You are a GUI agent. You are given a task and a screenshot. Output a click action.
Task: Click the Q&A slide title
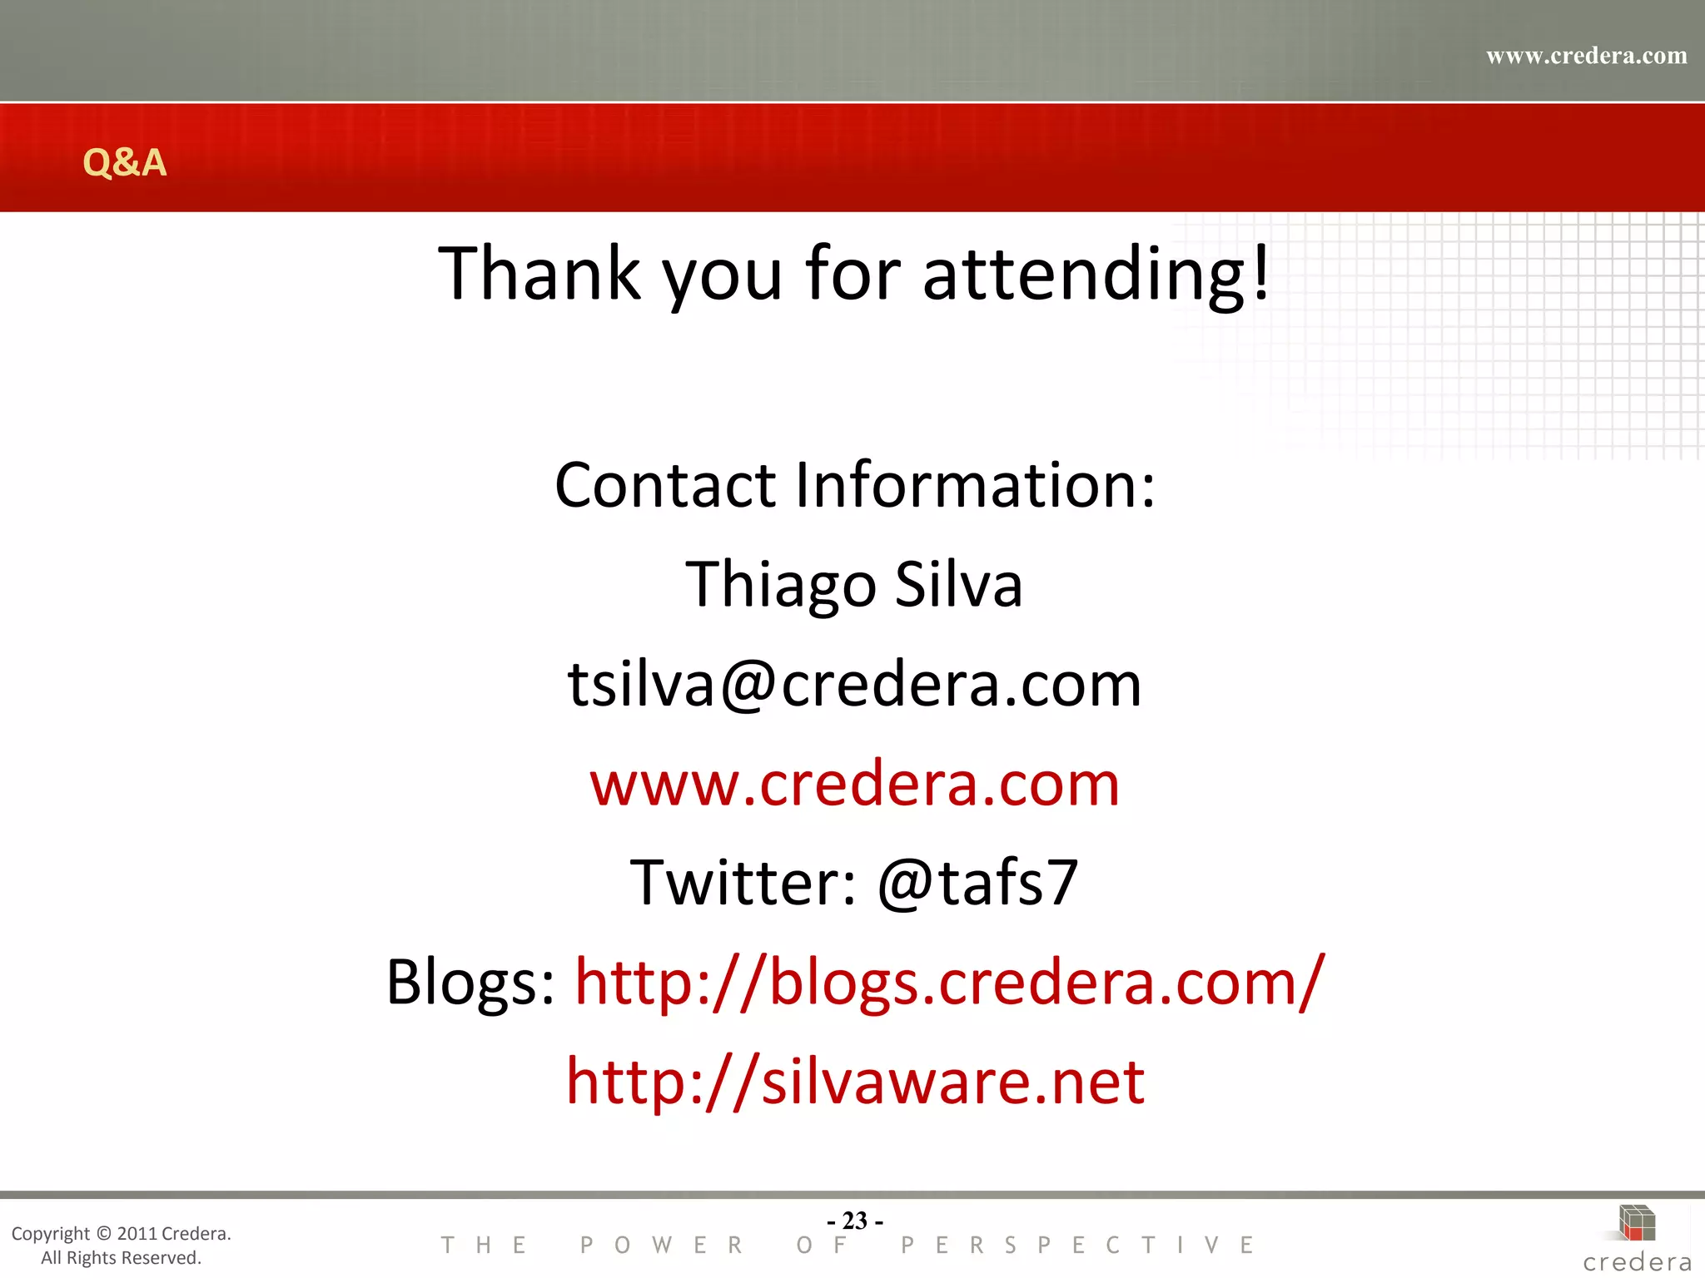tap(125, 161)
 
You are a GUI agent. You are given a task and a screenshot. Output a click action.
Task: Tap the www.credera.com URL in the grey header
tap(1586, 56)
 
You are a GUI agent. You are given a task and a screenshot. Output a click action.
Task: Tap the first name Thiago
tap(781, 585)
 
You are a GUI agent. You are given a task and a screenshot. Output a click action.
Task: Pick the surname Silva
tap(958, 585)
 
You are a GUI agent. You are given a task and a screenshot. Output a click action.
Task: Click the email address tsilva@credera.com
tap(854, 684)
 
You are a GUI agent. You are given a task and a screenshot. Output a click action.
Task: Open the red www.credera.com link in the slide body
tap(855, 784)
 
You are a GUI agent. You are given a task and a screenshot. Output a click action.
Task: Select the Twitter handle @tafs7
tap(978, 883)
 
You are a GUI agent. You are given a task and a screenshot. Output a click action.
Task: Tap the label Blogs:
tap(471, 983)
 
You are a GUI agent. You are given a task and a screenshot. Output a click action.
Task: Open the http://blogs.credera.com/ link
tap(950, 983)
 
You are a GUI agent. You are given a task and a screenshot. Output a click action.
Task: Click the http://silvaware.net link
tap(855, 1082)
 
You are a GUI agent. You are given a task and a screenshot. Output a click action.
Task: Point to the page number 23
tap(855, 1221)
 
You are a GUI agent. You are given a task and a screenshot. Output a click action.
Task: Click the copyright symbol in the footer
tap(103, 1234)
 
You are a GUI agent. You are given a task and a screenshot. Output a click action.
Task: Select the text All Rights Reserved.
tap(122, 1258)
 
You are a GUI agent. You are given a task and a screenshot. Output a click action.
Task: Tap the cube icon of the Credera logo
tap(1637, 1223)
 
